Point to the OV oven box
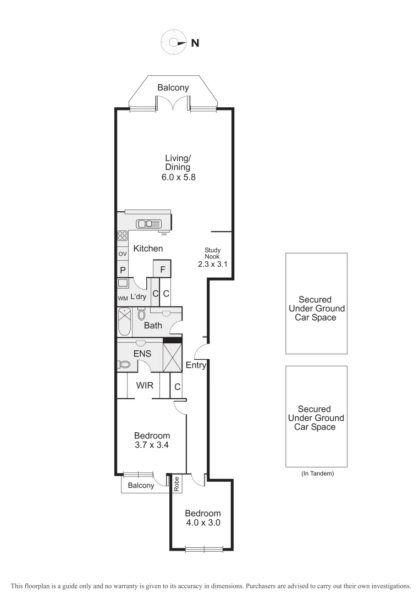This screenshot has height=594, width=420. point(122,254)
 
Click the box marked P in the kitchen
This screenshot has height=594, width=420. point(122,270)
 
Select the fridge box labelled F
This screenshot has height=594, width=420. point(162,269)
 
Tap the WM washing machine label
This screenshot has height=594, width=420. point(122,298)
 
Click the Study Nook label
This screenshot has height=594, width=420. point(212,252)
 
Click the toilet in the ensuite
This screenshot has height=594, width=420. point(125,364)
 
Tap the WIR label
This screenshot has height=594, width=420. point(145,386)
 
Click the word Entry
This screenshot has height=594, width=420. point(196,365)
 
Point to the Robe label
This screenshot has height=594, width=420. point(176,484)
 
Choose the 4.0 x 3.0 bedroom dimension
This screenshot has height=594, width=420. point(203,523)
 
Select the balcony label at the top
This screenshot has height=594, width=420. point(173,87)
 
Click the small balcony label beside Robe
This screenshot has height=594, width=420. point(141,485)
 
